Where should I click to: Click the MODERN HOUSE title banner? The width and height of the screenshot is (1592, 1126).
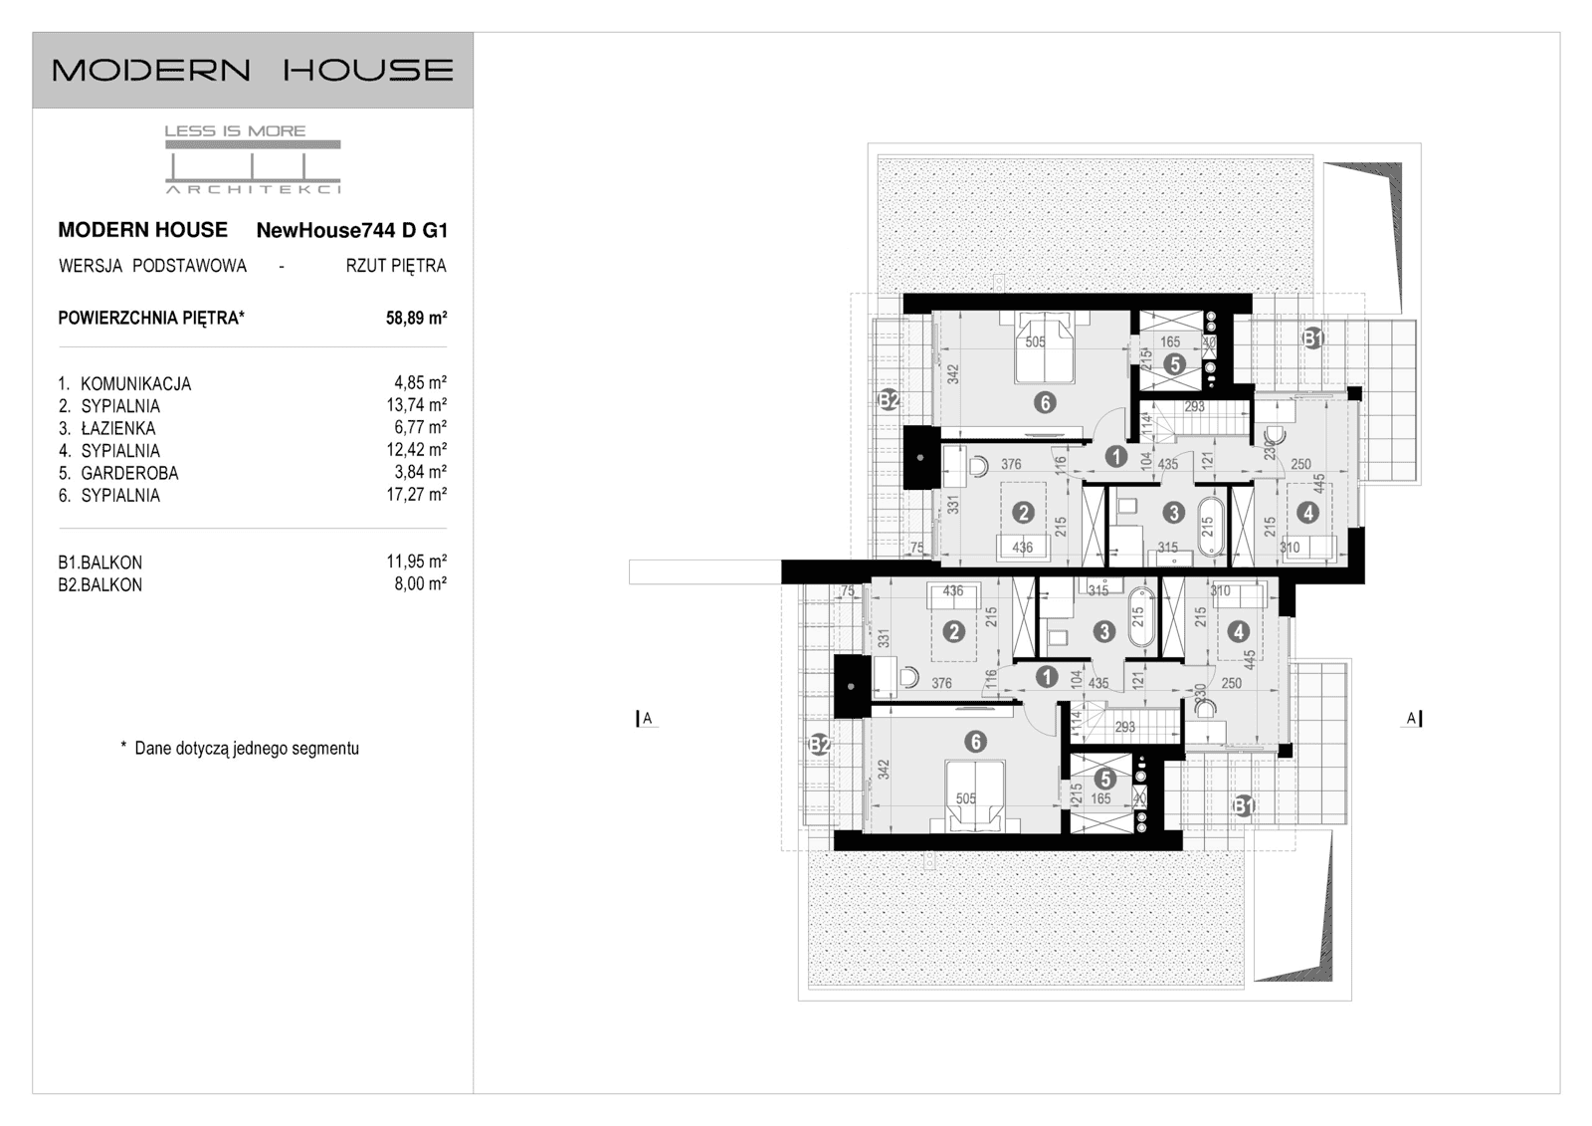[253, 70]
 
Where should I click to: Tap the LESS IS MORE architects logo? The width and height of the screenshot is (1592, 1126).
[253, 159]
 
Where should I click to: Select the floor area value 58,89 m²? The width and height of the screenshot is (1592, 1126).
[416, 319]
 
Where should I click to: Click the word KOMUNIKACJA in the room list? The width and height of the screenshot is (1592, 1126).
[135, 383]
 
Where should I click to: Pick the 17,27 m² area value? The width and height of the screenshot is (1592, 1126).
[416, 495]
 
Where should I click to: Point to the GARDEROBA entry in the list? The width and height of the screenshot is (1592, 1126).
[129, 473]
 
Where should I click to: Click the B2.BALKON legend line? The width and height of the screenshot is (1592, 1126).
[99, 585]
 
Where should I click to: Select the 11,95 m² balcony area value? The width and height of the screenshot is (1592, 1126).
[416, 563]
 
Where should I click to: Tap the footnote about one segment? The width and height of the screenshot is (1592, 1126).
[240, 749]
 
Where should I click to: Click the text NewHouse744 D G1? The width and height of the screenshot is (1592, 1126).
[352, 231]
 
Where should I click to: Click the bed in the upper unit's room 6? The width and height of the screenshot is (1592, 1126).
[1045, 348]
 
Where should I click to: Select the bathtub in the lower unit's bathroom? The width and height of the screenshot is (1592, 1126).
[1140, 619]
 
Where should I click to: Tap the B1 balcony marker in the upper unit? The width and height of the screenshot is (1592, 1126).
[1313, 338]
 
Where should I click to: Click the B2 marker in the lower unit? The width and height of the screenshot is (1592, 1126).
[820, 744]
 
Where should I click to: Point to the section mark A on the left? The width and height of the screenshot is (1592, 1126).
[646, 718]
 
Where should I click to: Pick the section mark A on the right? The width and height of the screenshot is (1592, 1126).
[1412, 718]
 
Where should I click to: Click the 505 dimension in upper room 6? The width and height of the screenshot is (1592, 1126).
[1035, 341]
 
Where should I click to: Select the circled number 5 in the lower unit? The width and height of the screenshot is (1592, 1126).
[1105, 780]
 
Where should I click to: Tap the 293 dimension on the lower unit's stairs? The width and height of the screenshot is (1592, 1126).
[1124, 727]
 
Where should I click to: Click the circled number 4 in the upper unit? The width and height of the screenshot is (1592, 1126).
[1307, 513]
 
